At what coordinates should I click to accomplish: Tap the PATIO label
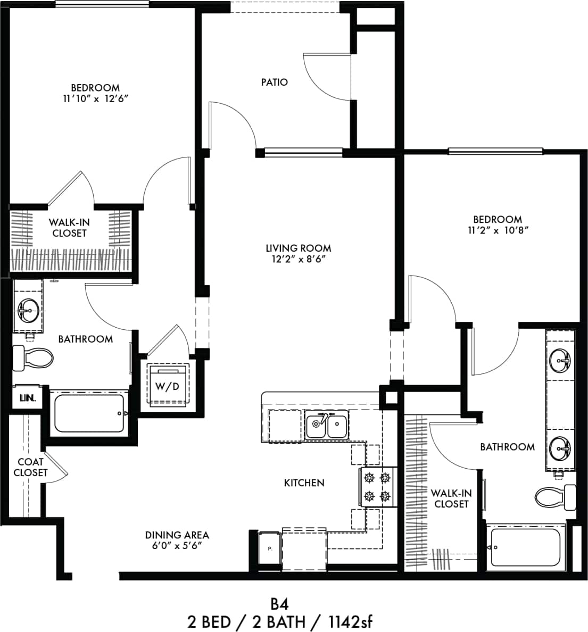point(275,82)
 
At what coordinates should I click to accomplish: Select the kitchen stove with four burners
point(377,487)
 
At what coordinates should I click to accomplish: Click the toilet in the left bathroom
point(33,357)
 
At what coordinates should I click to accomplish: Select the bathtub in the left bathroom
point(90,413)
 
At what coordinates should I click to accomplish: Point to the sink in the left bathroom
point(28,309)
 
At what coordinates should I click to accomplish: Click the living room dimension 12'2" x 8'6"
point(298,259)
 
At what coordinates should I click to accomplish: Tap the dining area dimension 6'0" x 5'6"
point(177,546)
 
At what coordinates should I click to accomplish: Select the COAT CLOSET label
point(30,467)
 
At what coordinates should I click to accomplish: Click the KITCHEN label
point(304,483)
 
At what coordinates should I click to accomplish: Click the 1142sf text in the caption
point(349,621)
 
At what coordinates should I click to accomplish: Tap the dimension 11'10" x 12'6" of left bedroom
point(95,98)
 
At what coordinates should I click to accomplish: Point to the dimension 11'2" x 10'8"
point(498,230)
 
